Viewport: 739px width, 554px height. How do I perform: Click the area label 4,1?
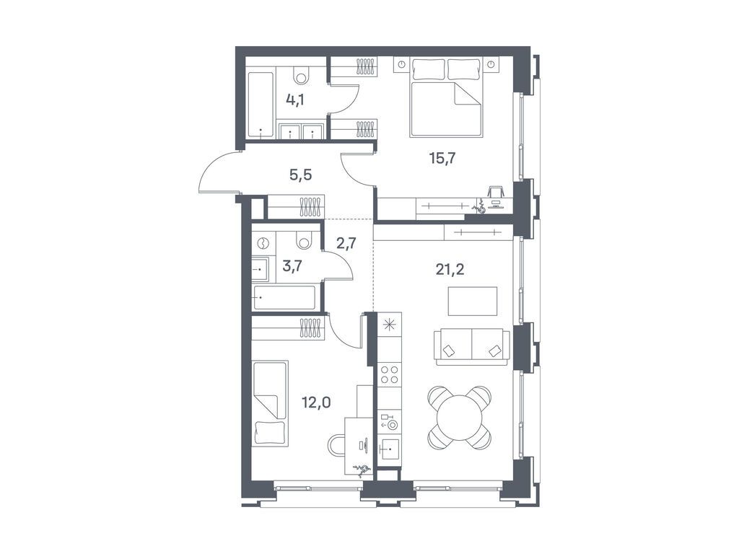tap(294, 100)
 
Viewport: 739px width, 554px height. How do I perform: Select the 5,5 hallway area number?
tap(302, 175)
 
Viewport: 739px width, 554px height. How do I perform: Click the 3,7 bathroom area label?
tap(292, 267)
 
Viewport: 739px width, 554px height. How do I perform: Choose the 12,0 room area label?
tap(317, 402)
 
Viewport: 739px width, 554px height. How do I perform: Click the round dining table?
tap(460, 417)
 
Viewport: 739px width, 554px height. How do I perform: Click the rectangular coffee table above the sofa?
tap(473, 301)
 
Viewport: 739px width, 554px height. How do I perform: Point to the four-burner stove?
tap(390, 374)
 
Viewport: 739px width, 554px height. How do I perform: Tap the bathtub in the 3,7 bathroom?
tap(285, 297)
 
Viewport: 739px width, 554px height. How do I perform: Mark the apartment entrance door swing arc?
tap(214, 170)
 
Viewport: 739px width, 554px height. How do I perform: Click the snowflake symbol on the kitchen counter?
tap(390, 324)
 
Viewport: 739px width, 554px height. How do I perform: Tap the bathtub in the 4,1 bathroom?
tap(261, 104)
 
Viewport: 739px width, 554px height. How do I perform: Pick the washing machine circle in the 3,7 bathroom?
tap(263, 243)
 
